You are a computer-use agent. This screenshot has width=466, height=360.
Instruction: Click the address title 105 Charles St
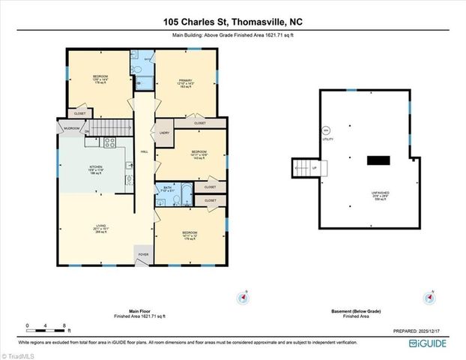click(x=232, y=22)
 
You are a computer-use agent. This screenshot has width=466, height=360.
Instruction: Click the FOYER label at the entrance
click(x=142, y=256)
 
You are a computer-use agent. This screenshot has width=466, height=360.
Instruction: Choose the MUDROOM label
click(x=71, y=128)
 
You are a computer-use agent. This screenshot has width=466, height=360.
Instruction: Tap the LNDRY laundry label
click(x=163, y=133)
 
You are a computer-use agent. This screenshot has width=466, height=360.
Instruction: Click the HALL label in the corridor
click(x=144, y=152)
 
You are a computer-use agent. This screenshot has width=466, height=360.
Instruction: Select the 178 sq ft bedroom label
click(x=100, y=79)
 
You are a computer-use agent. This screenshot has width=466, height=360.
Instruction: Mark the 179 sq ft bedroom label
click(x=190, y=235)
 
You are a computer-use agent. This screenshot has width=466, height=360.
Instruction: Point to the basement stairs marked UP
click(x=304, y=168)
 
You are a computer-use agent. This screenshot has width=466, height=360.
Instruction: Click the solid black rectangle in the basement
click(x=378, y=159)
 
